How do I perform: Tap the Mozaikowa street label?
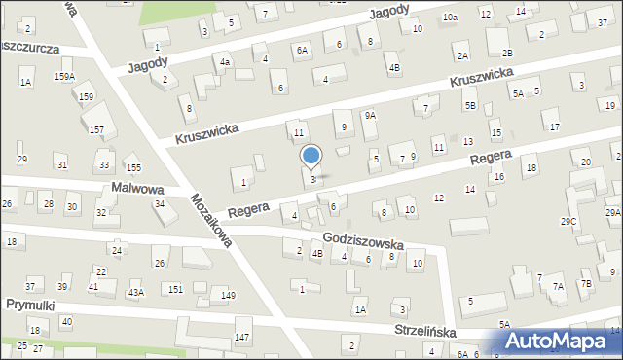[211, 219]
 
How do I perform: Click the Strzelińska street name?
[425, 331]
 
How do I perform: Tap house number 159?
[87, 96]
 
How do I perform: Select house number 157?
[97, 129]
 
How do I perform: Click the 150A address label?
[64, 76]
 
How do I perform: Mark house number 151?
[175, 289]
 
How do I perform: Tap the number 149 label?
[228, 295]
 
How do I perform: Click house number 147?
[241, 337]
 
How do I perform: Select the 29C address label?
[568, 222]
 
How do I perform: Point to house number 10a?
[450, 18]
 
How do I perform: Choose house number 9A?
[370, 115]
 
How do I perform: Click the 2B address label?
[506, 52]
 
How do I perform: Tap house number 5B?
[470, 105]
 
